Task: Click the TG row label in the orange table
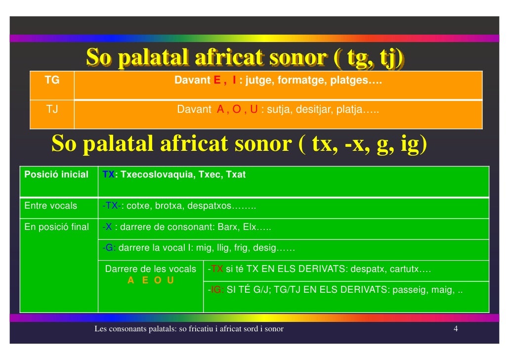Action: point(52,80)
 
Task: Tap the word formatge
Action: point(298,80)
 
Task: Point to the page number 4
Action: point(456,329)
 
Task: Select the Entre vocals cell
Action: point(50,206)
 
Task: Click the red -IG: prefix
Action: point(216,290)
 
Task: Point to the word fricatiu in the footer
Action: point(199,329)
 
